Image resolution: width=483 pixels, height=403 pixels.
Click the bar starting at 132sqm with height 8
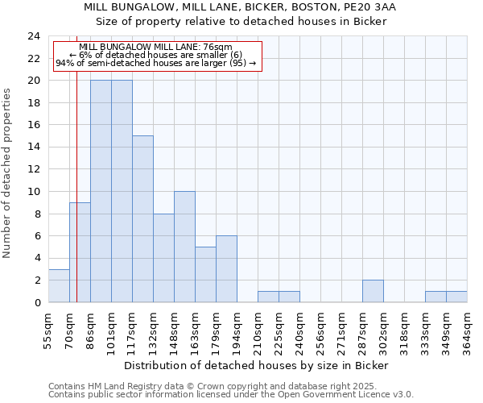coord(163,258)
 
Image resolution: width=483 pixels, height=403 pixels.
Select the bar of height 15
coord(142,219)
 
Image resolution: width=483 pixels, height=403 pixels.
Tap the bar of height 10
coord(184,247)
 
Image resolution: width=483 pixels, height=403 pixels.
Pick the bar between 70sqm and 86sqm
coord(80,252)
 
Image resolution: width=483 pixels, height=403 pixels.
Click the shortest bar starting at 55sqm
coord(59,286)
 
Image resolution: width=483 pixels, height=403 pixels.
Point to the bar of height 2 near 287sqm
coord(373,291)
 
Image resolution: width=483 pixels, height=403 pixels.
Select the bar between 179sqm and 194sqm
coord(226,269)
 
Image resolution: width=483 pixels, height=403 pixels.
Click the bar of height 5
coord(205,275)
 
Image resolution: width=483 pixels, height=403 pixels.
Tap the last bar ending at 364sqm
coord(456,297)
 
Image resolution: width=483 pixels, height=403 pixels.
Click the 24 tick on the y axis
coord(34,36)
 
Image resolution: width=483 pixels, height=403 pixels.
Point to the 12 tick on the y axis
coord(34,169)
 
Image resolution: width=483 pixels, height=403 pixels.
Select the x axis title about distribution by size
coord(258,365)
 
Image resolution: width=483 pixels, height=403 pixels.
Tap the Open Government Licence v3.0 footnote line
coord(231,394)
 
